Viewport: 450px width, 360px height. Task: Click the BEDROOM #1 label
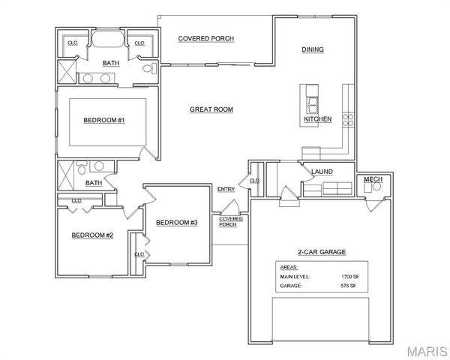[x=103, y=120]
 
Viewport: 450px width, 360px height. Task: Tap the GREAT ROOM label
[x=211, y=109]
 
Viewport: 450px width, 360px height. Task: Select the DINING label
[x=313, y=49]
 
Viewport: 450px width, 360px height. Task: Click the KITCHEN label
[x=317, y=119]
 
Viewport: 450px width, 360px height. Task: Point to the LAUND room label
[x=322, y=172]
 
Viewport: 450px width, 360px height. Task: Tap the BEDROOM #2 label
[x=92, y=235]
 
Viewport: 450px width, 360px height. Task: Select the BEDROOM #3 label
[x=176, y=222]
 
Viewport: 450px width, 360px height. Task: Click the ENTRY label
[x=226, y=189]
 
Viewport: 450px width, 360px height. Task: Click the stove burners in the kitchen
[x=348, y=118]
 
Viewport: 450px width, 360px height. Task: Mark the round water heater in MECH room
[x=368, y=188]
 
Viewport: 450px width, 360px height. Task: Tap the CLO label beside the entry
[x=253, y=181]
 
